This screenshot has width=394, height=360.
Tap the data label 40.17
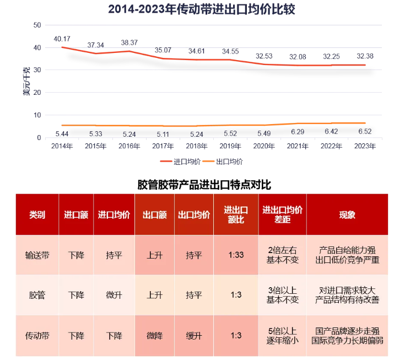tap(62, 39)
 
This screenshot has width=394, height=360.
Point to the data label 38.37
tap(129, 42)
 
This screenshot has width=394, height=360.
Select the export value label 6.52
tap(365, 132)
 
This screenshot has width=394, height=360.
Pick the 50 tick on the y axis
tap(37, 25)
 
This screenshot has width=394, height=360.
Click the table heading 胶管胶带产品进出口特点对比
tap(204, 185)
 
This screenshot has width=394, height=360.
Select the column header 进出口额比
tap(236, 214)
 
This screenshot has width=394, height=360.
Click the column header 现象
tap(347, 214)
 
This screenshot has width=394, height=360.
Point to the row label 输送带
tap(37, 256)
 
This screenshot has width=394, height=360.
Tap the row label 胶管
tap(37, 295)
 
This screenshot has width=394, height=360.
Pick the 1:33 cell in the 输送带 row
tap(236, 256)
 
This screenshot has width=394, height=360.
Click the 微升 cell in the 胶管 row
tap(114, 295)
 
